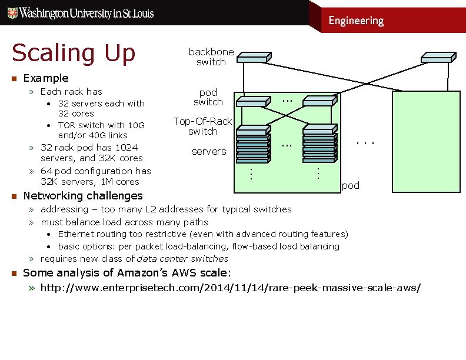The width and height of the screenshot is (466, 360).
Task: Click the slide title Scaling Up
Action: tap(74, 53)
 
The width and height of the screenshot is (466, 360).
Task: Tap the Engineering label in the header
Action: tap(355, 21)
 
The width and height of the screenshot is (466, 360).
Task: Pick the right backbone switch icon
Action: tap(437, 57)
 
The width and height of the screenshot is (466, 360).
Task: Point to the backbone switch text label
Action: tap(211, 57)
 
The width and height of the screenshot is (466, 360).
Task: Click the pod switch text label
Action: tap(208, 97)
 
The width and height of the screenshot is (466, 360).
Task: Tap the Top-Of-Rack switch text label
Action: tap(202, 126)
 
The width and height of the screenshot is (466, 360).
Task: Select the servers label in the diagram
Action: tap(209, 152)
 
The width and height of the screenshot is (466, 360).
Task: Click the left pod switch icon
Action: tap(252, 102)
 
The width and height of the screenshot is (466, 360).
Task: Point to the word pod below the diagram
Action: tap(350, 186)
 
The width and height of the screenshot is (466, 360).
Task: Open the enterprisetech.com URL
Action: tap(230, 288)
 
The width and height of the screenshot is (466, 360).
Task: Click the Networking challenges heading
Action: tap(82, 196)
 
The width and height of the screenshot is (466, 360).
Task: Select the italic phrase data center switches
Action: tap(182, 259)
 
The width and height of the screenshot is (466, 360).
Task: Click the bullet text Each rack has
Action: tap(71, 92)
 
